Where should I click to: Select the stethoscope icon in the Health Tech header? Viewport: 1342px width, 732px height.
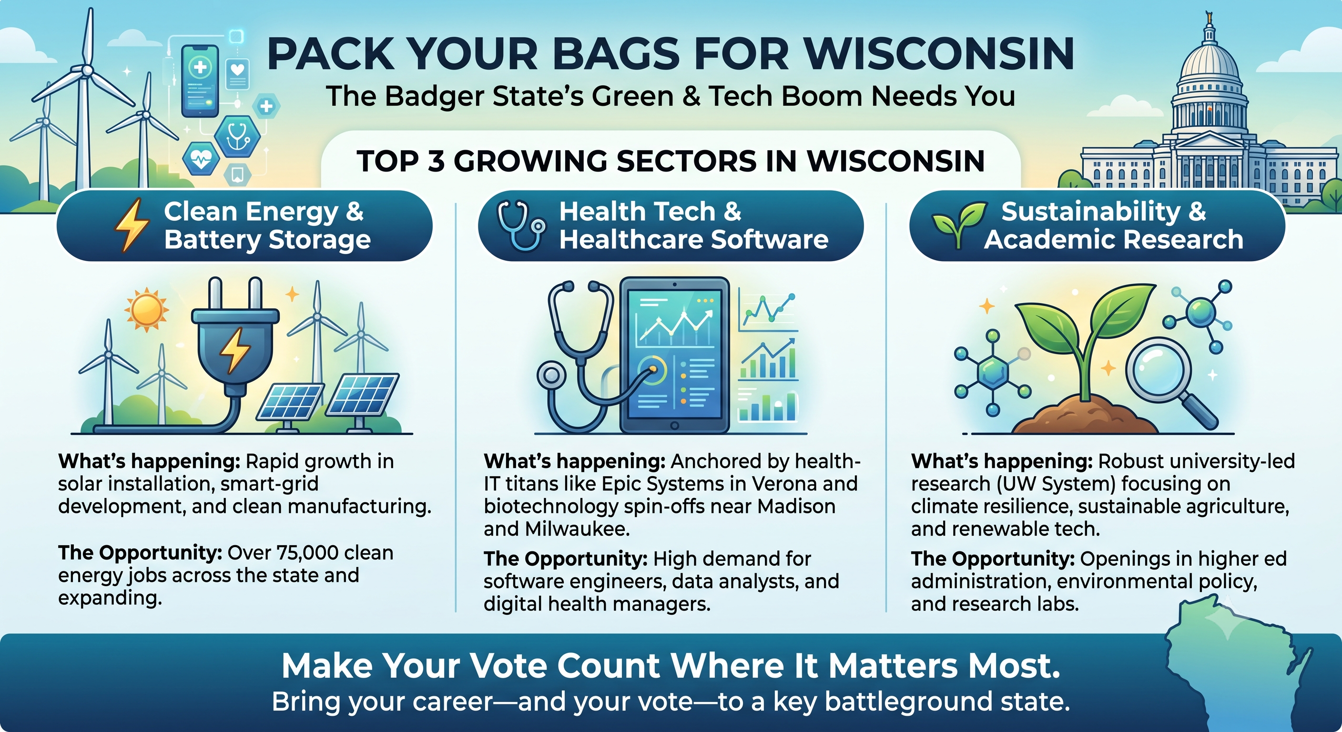point(521,226)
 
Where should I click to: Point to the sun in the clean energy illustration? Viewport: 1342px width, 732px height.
point(146,309)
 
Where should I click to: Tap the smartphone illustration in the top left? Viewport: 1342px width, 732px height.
point(200,81)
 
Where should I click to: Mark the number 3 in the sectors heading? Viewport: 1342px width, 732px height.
point(436,161)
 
